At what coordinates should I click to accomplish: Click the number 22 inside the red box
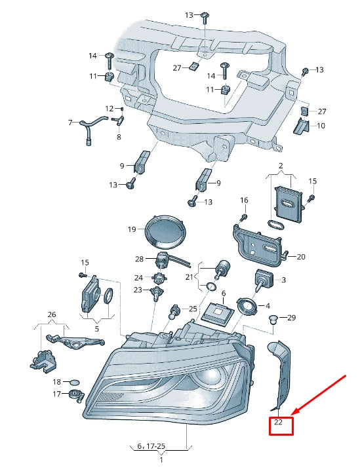pyautogui.click(x=278, y=423)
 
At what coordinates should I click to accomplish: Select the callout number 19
pyautogui.click(x=131, y=229)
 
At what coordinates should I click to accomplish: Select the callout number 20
pyautogui.click(x=301, y=257)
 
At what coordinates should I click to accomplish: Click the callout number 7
pyautogui.click(x=70, y=123)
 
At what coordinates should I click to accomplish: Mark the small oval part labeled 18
pyautogui.click(x=75, y=381)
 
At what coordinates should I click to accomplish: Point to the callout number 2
pyautogui.click(x=280, y=166)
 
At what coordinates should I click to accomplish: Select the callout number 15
pyautogui.click(x=312, y=181)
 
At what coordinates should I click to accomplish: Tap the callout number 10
pyautogui.click(x=321, y=125)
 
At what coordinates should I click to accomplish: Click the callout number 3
pyautogui.click(x=284, y=280)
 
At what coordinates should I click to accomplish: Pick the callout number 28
pyautogui.click(x=139, y=259)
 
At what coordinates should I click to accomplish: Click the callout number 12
pyautogui.click(x=109, y=108)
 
